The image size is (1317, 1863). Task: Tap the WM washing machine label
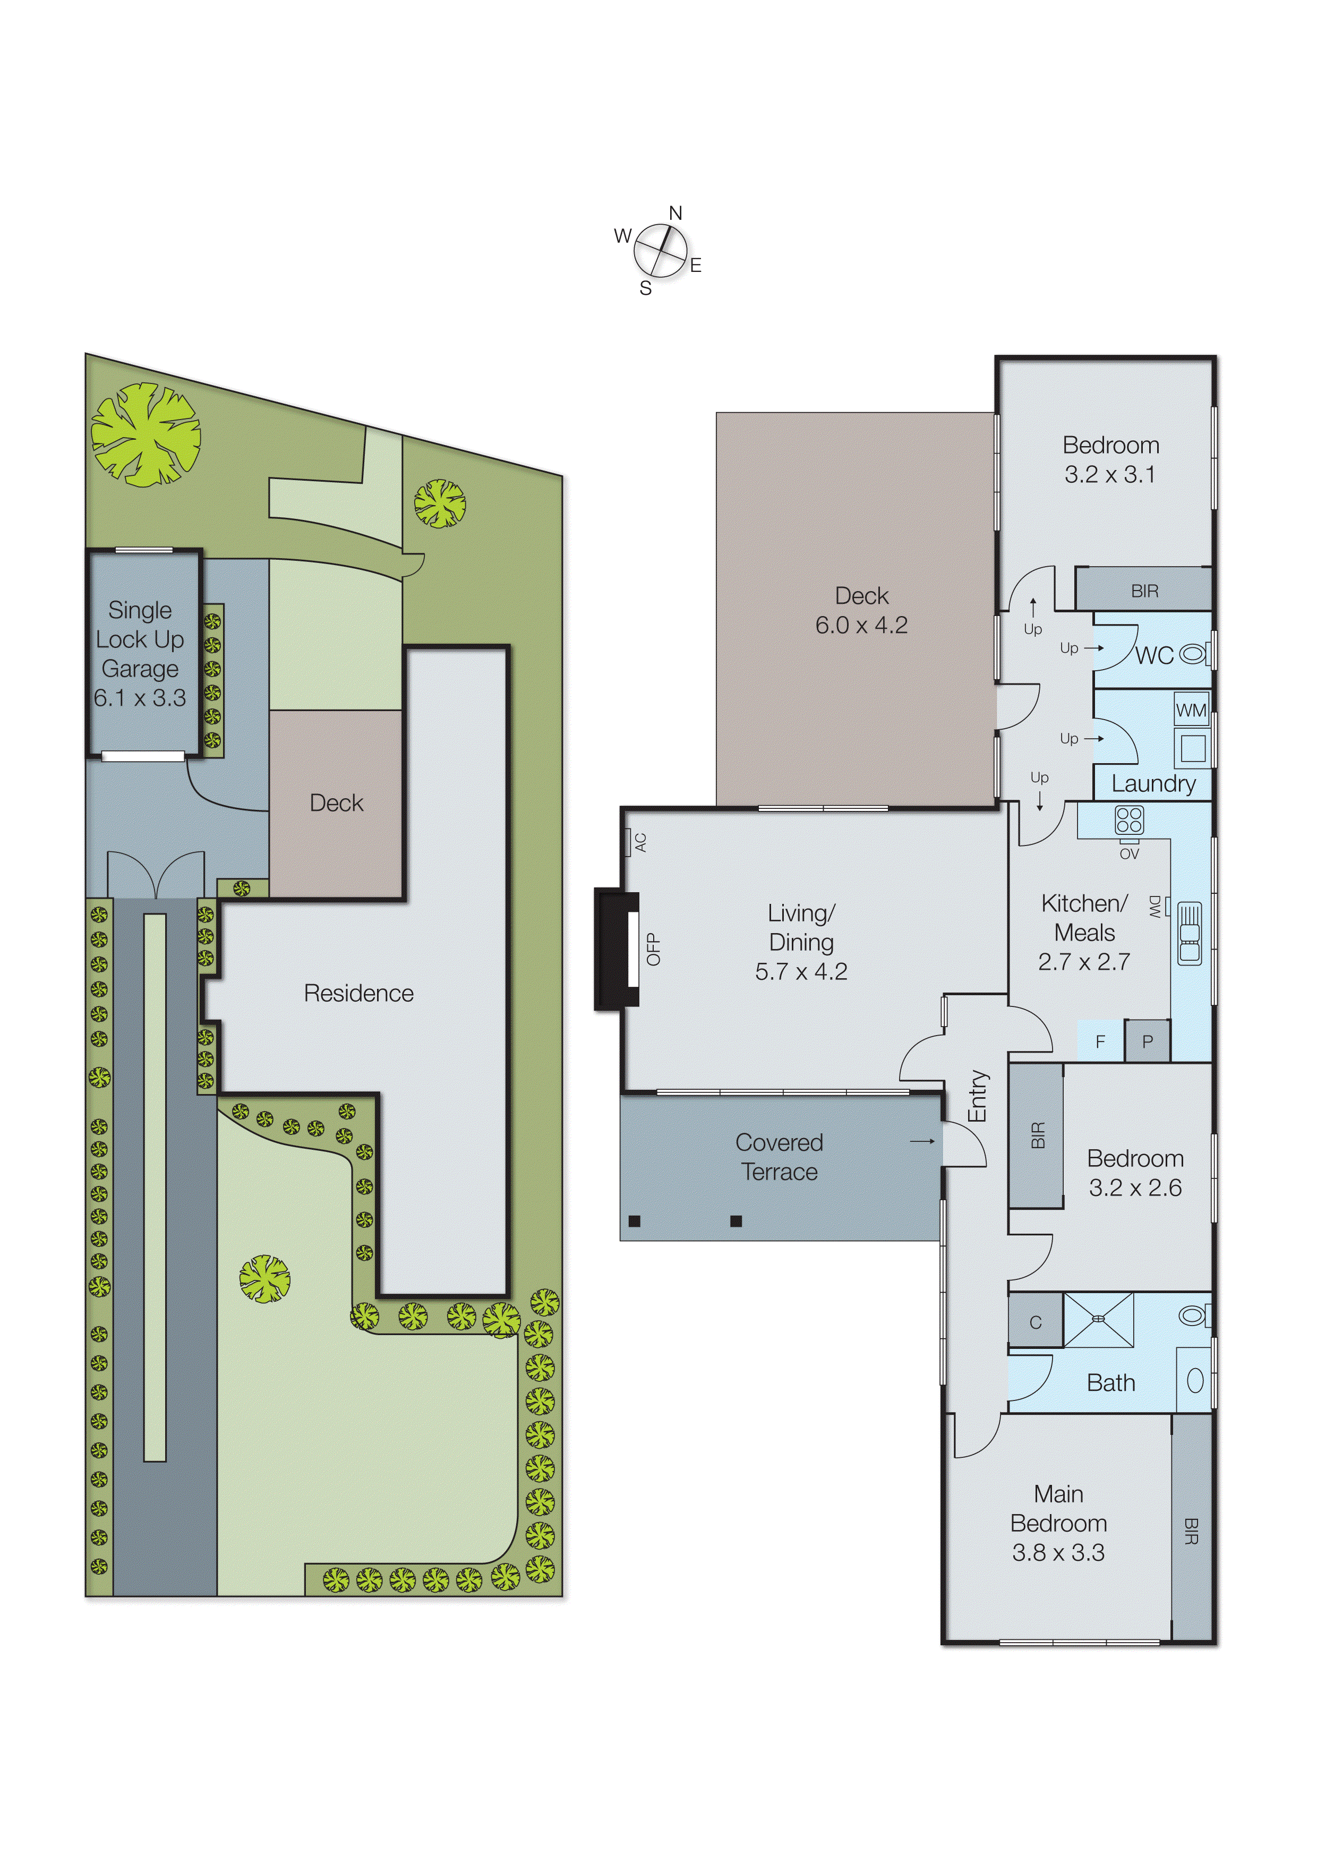pyautogui.click(x=1191, y=711)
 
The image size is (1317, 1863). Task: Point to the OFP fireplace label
pyautogui.click(x=653, y=950)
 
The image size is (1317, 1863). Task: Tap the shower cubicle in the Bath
pyautogui.click(x=1099, y=1321)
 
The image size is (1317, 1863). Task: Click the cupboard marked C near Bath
pyautogui.click(x=1036, y=1322)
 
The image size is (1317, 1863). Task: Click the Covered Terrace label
pyautogui.click(x=779, y=1157)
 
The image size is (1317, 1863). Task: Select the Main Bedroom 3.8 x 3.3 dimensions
pyautogui.click(x=1058, y=1552)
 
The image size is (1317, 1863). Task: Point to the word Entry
pyautogui.click(x=979, y=1096)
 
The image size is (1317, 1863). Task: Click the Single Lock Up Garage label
pyautogui.click(x=140, y=653)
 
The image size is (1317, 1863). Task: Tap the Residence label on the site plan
pyautogui.click(x=358, y=993)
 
